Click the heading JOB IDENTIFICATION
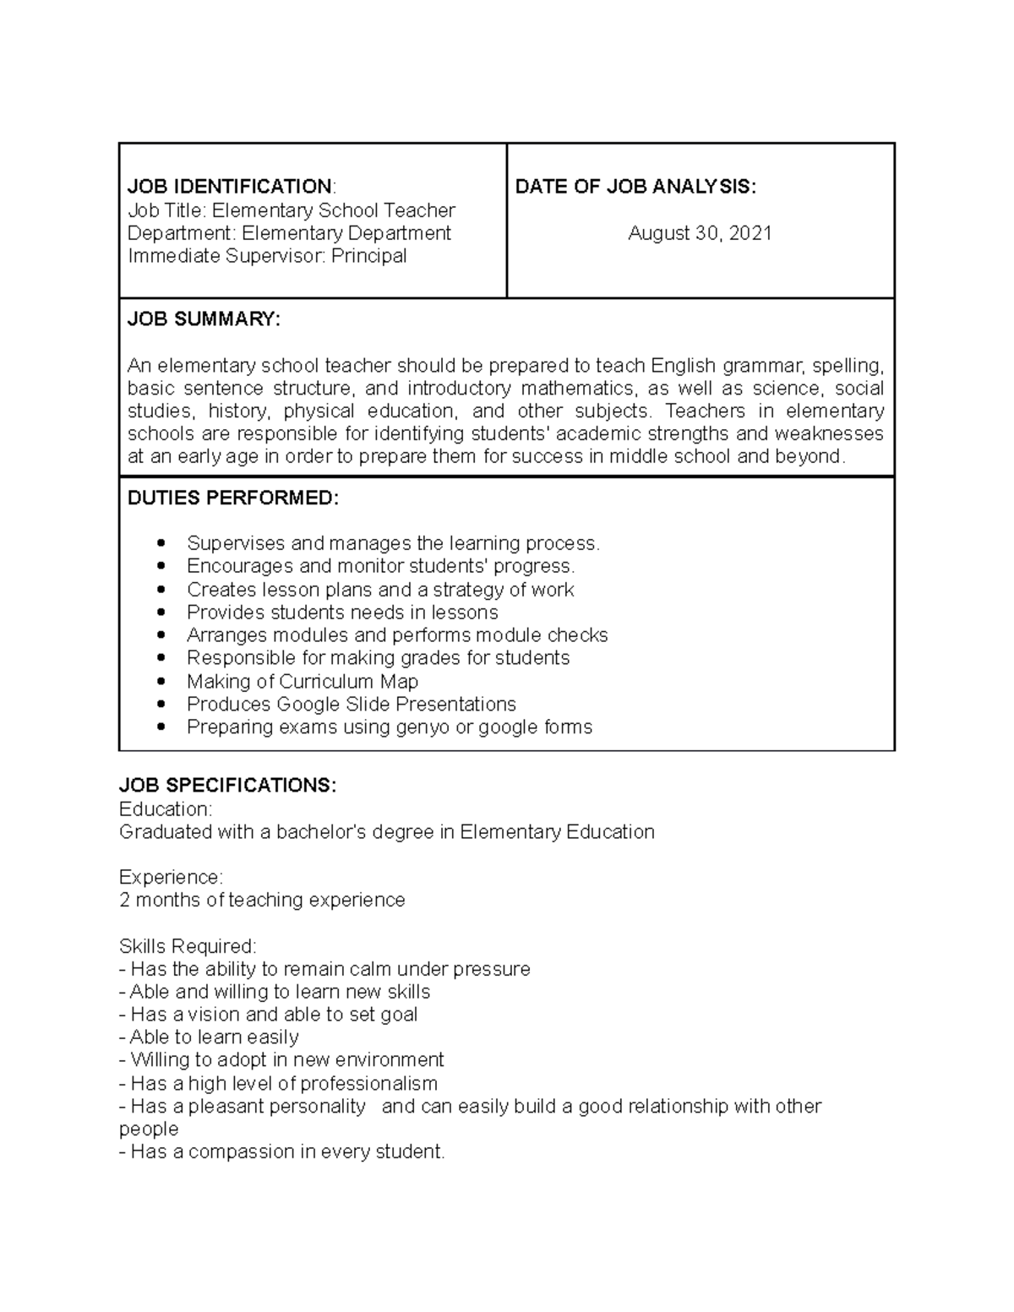pyautogui.click(x=230, y=187)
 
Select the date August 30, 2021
pyautogui.click(x=700, y=233)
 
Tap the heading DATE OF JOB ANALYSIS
pyautogui.click(x=635, y=187)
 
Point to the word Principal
pyautogui.click(x=368, y=256)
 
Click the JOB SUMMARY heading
pyautogui.click(x=203, y=319)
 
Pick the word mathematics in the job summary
pyautogui.click(x=576, y=389)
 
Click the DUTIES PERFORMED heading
pyautogui.click(x=232, y=498)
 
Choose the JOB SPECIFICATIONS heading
pyautogui.click(x=227, y=786)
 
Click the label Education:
pyautogui.click(x=166, y=809)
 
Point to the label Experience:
pyautogui.click(x=171, y=877)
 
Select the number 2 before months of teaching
pyautogui.click(x=125, y=901)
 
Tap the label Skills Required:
pyautogui.click(x=188, y=946)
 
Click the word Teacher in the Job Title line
pyautogui.click(x=420, y=210)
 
